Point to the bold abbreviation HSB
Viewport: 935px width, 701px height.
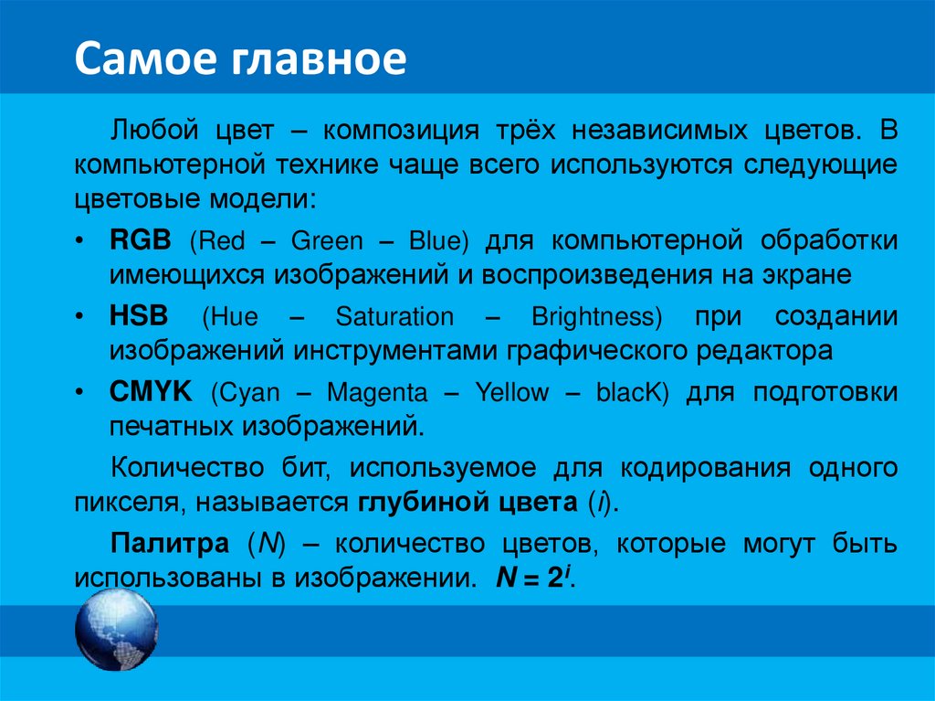pos(140,316)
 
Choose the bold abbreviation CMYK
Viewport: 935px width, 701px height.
pos(150,392)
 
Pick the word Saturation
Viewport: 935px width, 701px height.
pos(394,317)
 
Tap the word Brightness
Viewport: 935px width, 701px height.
pos(595,317)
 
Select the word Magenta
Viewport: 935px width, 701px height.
pos(377,393)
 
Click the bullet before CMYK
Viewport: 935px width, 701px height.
pos(80,393)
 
